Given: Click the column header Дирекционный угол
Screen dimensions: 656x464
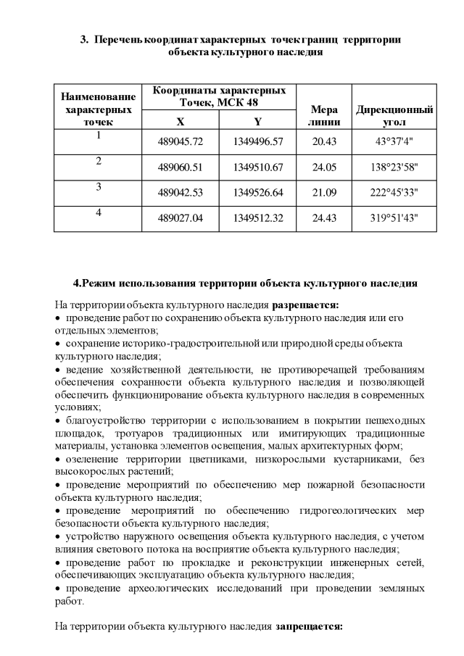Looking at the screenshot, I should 394,117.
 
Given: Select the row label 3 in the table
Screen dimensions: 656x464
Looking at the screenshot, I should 98,187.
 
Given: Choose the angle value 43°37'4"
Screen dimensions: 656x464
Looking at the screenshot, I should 394,141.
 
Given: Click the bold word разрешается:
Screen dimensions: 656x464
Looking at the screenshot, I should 300,305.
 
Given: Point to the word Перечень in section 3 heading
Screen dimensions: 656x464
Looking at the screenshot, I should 118,39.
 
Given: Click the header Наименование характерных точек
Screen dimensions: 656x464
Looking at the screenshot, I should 98,109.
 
